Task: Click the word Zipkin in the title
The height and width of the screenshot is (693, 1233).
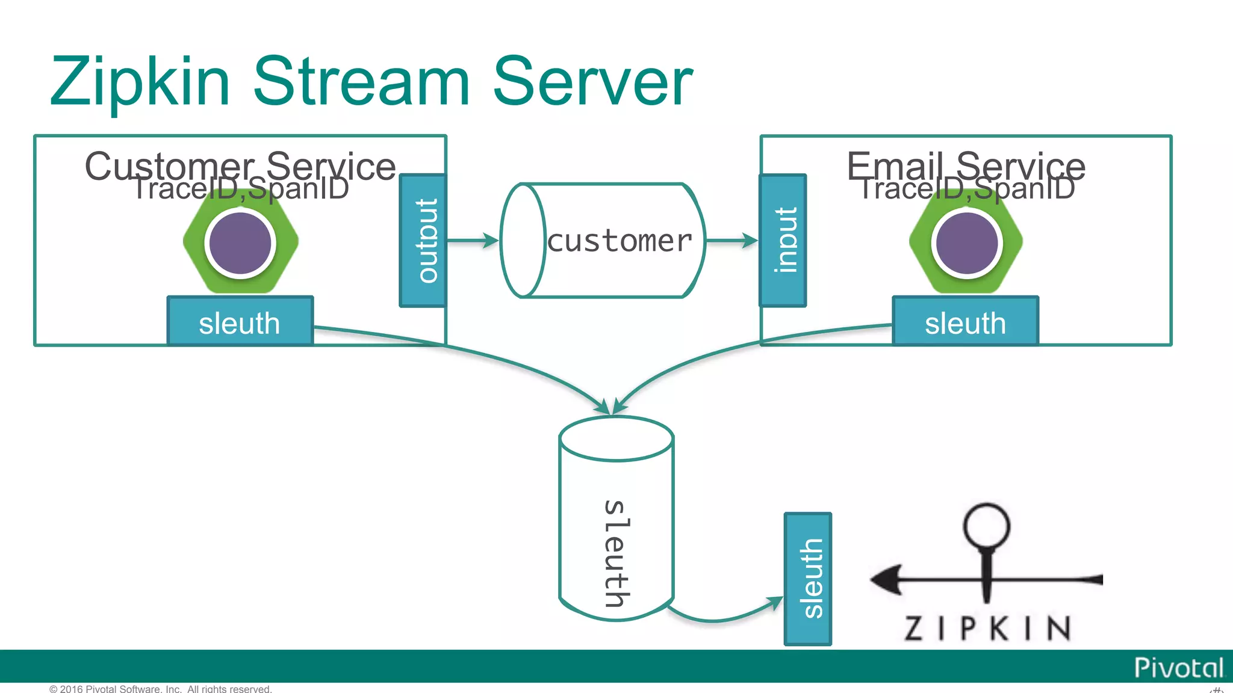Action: click(140, 82)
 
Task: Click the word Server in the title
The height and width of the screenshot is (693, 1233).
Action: click(592, 82)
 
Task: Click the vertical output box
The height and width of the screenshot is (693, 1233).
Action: click(423, 241)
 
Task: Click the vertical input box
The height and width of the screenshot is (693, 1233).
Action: click(783, 241)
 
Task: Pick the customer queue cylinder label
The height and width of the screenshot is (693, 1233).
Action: click(620, 241)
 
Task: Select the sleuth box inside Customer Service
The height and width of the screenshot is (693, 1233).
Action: click(240, 322)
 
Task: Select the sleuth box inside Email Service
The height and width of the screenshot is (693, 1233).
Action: click(965, 322)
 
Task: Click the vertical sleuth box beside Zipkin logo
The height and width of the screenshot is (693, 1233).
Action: click(808, 579)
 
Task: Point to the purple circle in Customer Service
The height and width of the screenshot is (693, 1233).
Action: click(240, 243)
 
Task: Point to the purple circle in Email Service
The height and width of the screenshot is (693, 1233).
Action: click(967, 243)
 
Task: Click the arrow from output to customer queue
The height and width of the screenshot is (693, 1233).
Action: click(473, 241)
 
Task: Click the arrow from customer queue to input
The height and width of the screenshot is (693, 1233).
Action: click(731, 241)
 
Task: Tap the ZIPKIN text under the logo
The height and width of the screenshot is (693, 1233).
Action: click(988, 628)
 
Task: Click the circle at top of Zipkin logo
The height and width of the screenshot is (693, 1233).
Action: click(986, 525)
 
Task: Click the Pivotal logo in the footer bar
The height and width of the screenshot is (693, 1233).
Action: click(1178, 668)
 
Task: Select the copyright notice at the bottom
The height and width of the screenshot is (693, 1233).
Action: click(160, 689)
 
